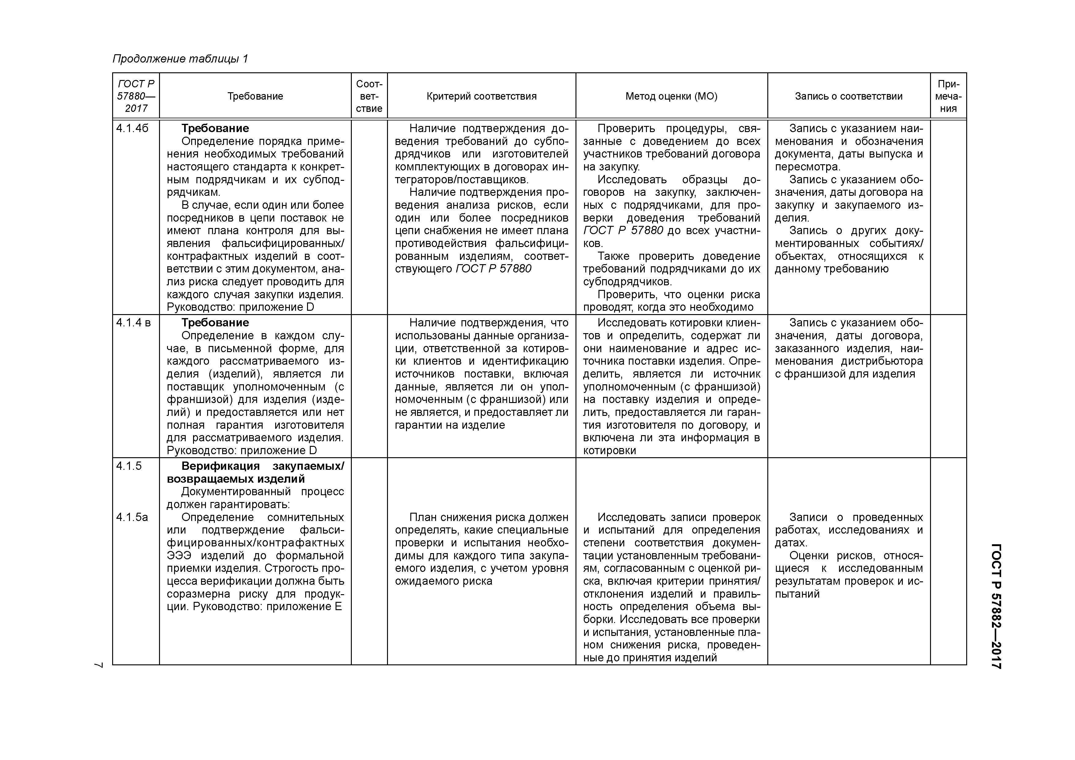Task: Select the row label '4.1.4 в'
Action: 133,323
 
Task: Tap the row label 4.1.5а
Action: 132,517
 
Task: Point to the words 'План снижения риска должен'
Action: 488,517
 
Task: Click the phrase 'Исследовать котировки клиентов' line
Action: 679,323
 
